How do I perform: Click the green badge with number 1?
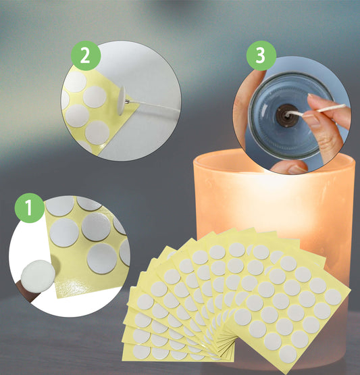pyautogui.click(x=25, y=207)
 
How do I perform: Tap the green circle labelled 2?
pyautogui.click(x=85, y=57)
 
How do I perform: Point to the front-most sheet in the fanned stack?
pyautogui.click(x=284, y=297)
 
